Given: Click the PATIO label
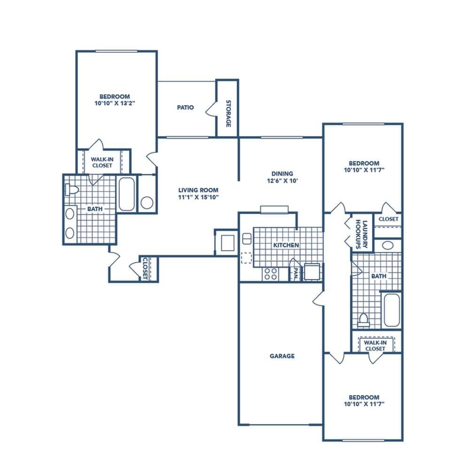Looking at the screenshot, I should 186,108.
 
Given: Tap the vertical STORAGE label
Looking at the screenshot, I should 228,113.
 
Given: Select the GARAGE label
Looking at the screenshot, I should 282,356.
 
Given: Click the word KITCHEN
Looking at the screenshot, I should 286,245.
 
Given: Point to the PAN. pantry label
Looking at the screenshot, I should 296,274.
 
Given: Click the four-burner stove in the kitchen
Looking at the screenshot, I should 270,274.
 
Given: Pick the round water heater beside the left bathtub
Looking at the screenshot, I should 147,203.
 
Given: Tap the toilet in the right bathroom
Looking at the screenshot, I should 363,320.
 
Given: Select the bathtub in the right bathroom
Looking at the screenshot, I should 391,310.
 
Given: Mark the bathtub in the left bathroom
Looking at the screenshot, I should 126,194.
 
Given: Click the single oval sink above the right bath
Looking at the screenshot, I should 388,245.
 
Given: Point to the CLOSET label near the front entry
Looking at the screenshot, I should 145,268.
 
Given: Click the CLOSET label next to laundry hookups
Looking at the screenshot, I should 388,219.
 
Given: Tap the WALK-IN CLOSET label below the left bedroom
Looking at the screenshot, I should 102,163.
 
